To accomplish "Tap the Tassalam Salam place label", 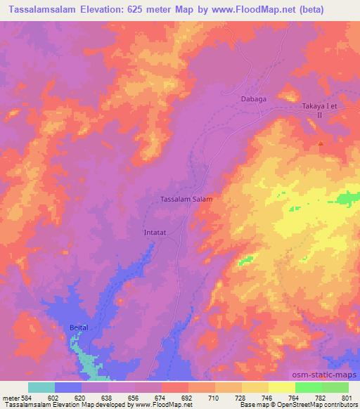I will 187,199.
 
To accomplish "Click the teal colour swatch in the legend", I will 41,387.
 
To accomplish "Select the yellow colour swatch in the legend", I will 282,387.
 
